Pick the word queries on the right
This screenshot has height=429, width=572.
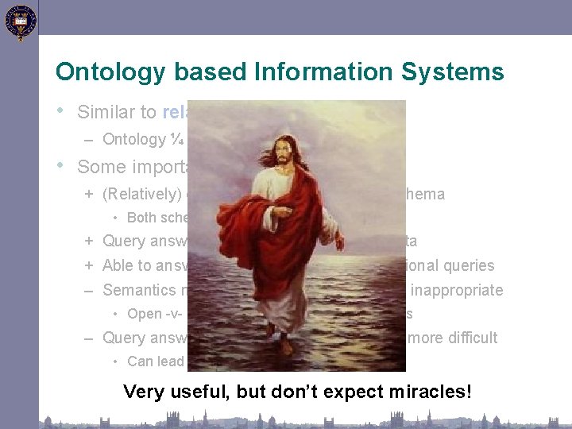tap(469, 266)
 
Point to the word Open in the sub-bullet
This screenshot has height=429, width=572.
tap(144, 314)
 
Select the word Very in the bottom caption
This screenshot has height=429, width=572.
tap(143, 392)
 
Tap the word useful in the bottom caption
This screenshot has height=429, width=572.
tap(191, 392)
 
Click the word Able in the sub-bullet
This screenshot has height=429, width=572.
tap(118, 266)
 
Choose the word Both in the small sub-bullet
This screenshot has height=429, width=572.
tap(141, 218)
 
